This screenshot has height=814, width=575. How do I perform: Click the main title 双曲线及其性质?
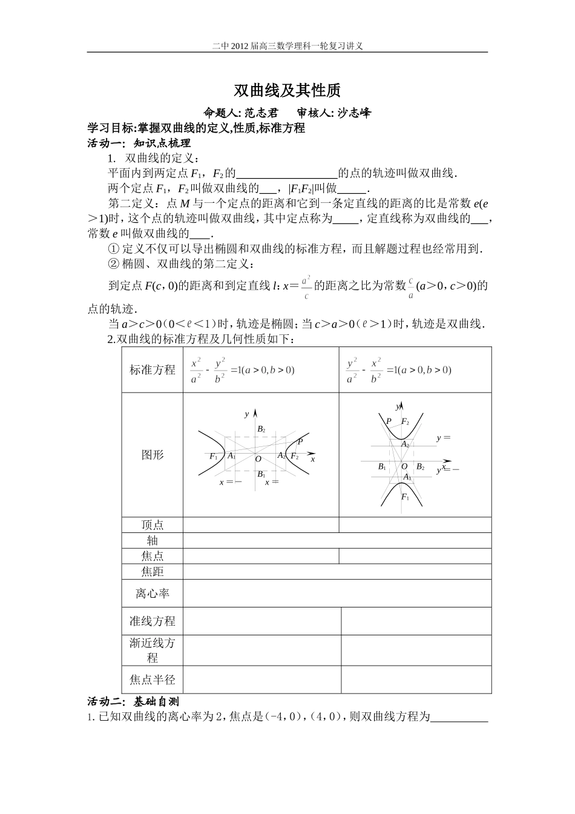click(287, 91)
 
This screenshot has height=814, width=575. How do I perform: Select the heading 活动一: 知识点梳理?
click(139, 144)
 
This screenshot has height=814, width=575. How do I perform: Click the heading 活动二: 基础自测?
click(134, 702)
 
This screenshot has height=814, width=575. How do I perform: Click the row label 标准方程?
click(153, 370)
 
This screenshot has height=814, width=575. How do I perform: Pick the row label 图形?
click(153, 455)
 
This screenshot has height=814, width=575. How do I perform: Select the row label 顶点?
click(153, 525)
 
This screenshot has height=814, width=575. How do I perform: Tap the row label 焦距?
click(153, 572)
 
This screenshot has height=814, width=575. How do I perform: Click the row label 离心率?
click(153, 594)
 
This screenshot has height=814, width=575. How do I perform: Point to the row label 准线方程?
click(153, 621)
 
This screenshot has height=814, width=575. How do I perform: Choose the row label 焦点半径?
click(153, 680)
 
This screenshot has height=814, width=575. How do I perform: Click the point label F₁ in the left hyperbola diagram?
click(214, 456)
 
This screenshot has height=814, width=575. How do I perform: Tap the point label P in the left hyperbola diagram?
click(300, 442)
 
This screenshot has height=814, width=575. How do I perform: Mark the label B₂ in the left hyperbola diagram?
click(261, 429)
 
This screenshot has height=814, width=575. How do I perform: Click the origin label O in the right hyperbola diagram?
click(404, 466)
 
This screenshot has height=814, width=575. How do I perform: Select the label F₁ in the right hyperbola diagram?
click(405, 497)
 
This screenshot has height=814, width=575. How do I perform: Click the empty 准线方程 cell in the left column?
click(261, 621)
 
